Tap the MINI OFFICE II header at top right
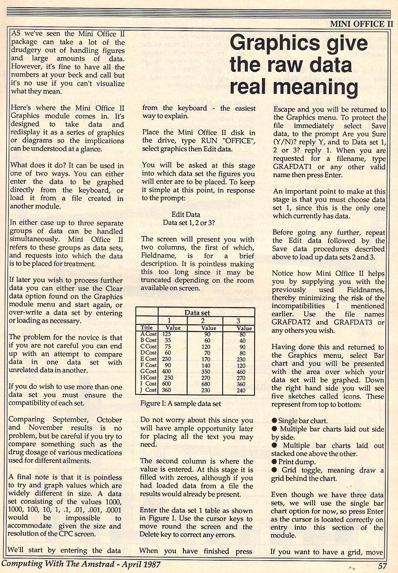[x=361, y=24]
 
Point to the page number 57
[x=382, y=566]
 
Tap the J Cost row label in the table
[x=149, y=390]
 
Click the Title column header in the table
[x=146, y=328]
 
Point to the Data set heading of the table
[x=197, y=312]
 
